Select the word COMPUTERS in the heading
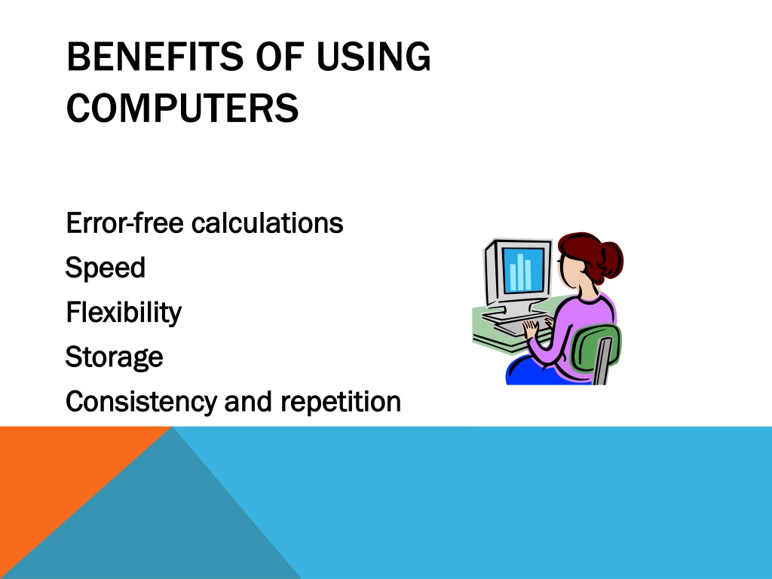(x=182, y=109)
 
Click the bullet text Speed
(x=106, y=268)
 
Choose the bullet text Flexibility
(x=124, y=312)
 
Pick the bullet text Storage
(x=115, y=357)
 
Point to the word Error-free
(x=124, y=223)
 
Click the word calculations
(x=267, y=223)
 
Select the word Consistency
(x=142, y=402)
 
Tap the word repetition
(x=340, y=402)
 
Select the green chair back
(x=596, y=348)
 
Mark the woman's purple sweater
(x=581, y=324)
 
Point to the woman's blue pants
(x=535, y=373)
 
